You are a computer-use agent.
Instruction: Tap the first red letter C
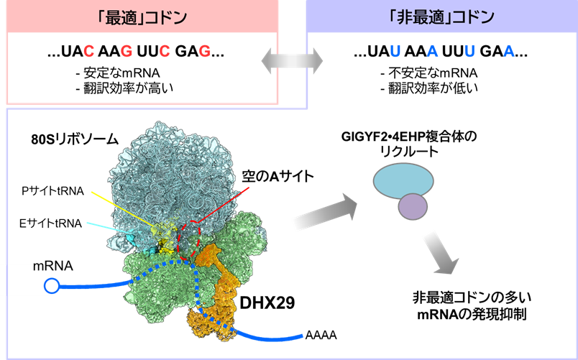click(x=88, y=52)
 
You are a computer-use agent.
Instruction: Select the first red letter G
click(x=127, y=52)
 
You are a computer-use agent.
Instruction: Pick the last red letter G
click(x=204, y=52)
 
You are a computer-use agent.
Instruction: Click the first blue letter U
click(x=394, y=52)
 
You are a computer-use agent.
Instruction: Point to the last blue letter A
click(x=509, y=52)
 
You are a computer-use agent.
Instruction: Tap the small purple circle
click(x=413, y=207)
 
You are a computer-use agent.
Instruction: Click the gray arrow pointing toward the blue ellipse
click(x=324, y=213)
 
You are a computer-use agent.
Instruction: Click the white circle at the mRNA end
click(x=52, y=286)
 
